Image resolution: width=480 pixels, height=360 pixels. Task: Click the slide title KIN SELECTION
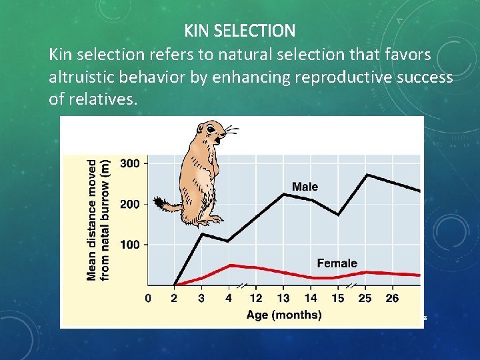[239, 31]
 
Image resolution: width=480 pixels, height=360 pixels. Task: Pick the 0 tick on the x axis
[147, 298]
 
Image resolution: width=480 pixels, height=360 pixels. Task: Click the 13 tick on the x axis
[283, 298]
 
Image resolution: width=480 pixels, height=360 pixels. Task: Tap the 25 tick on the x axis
[365, 298]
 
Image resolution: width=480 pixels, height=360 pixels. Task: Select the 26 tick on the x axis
[392, 298]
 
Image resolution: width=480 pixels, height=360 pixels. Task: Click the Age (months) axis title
[283, 315]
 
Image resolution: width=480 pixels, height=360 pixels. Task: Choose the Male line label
[305, 187]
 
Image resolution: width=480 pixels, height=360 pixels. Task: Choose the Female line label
[337, 263]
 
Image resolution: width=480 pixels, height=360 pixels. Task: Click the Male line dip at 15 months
[339, 215]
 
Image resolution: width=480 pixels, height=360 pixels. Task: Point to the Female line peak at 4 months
[229, 265]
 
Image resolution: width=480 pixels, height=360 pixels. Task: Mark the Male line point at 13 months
[284, 194]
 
